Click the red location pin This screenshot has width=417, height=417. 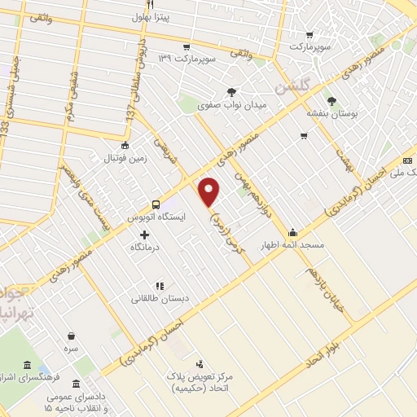pos(210,191)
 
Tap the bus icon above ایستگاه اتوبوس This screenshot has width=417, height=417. pos(156,204)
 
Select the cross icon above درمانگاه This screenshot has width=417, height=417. pos(144,235)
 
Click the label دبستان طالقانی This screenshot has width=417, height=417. pos(160,299)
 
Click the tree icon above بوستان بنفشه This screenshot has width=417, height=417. pos(311,101)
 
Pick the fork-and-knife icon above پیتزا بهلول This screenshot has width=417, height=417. pos(150,5)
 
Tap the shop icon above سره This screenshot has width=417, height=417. pos(72,335)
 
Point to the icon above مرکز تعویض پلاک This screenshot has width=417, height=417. pos(200,364)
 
